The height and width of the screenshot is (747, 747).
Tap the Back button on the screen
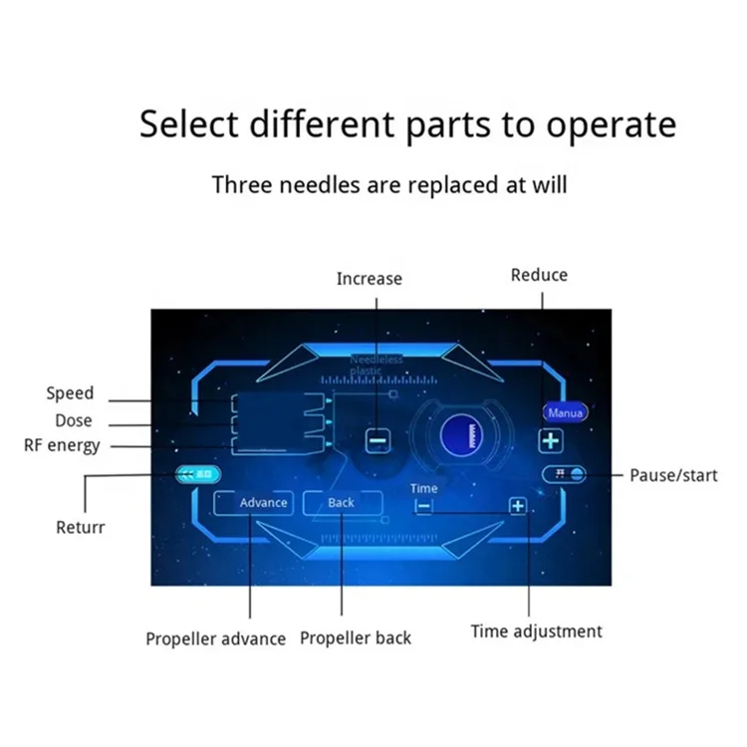pos(342,503)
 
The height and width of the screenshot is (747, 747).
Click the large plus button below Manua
pos(551,440)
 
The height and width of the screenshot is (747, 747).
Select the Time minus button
pos(424,506)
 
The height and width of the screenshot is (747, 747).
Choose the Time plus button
pos(517,506)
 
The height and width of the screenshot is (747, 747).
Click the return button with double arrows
pos(198,475)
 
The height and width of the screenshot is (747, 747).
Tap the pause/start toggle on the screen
pos(566,474)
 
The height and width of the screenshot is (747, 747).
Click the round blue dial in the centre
pos(461,436)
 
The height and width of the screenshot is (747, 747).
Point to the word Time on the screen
pos(423,488)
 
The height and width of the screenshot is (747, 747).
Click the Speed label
pos(70,393)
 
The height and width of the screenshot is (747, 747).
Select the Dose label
pos(74,420)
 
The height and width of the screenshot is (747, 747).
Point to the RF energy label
pos(62,445)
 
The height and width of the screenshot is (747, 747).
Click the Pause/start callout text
pos(673,475)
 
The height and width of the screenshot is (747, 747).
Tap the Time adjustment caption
pos(536,631)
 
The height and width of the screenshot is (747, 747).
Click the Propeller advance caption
pos(215,638)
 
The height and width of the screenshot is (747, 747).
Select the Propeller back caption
pos(356,638)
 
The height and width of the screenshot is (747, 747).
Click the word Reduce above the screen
pos(539,275)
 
